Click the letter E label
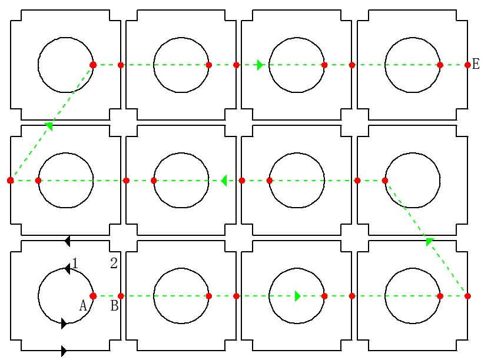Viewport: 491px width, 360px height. (x=475, y=64)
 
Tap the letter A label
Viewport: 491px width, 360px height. (x=83, y=305)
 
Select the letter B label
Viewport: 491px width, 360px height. (x=114, y=305)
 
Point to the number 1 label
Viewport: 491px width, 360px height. (x=75, y=264)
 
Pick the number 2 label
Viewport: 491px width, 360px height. (x=114, y=263)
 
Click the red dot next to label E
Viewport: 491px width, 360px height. (x=467, y=65)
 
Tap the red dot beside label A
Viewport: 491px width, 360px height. (x=93, y=296)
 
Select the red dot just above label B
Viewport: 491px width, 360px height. (x=121, y=296)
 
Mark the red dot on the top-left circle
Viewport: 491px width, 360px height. (x=93, y=65)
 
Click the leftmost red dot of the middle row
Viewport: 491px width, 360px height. (x=11, y=181)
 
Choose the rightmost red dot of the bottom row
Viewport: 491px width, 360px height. (x=467, y=296)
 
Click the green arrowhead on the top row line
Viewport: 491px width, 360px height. (x=260, y=65)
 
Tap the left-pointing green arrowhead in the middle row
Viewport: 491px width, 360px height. (x=224, y=181)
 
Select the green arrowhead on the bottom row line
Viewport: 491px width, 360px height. (x=298, y=296)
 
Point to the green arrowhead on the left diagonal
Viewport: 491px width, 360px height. (x=49, y=126)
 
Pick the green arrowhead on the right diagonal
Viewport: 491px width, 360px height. (x=430, y=241)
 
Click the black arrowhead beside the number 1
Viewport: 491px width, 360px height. (x=67, y=269)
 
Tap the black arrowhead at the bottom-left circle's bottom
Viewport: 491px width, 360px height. (x=64, y=324)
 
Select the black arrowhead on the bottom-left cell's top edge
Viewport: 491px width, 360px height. (x=67, y=241)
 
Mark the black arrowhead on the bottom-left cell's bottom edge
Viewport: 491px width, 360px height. (x=64, y=351)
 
